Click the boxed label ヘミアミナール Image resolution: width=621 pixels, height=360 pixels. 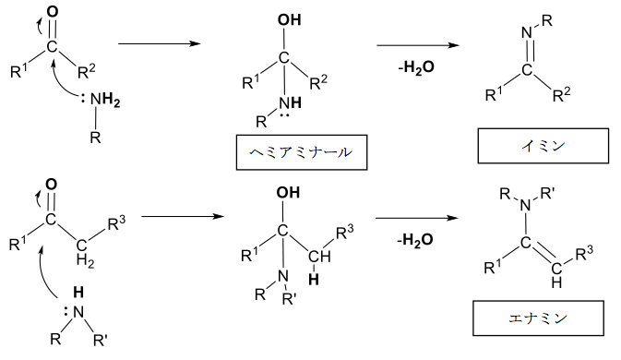pyautogui.click(x=302, y=152)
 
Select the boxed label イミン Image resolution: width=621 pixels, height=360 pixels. pyautogui.click(x=543, y=146)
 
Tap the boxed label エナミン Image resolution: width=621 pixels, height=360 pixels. pyautogui.click(x=538, y=318)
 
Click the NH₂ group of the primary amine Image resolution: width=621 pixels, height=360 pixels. pyautogui.click(x=105, y=100)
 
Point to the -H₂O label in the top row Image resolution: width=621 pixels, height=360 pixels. pyautogui.click(x=416, y=67)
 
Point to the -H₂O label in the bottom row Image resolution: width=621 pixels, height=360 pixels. pyautogui.click(x=415, y=240)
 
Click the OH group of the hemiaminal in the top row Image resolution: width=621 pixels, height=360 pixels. pyautogui.click(x=289, y=19)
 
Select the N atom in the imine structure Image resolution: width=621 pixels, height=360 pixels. pyautogui.click(x=527, y=32)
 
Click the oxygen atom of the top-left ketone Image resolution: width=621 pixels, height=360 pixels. pyautogui.click(x=53, y=12)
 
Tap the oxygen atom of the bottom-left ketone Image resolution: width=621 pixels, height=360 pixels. pyautogui.click(x=52, y=185)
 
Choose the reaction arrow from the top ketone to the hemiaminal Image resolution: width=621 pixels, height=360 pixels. pyautogui.click(x=160, y=43)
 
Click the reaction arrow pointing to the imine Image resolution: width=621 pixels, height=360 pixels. pyautogui.click(x=418, y=44)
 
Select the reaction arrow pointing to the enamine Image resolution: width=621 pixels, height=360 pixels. pyautogui.click(x=417, y=218)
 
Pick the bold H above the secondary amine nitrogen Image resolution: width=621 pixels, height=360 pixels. pyautogui.click(x=78, y=293)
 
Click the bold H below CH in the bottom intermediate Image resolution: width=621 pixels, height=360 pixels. pyautogui.click(x=314, y=279)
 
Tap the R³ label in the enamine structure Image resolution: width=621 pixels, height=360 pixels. pyautogui.click(x=584, y=253)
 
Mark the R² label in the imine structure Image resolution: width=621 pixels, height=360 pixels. pyautogui.click(x=562, y=94)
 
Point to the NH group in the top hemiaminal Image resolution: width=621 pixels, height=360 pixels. pyautogui.click(x=290, y=103)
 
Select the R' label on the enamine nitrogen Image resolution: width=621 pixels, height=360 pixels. pyautogui.click(x=548, y=193)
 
